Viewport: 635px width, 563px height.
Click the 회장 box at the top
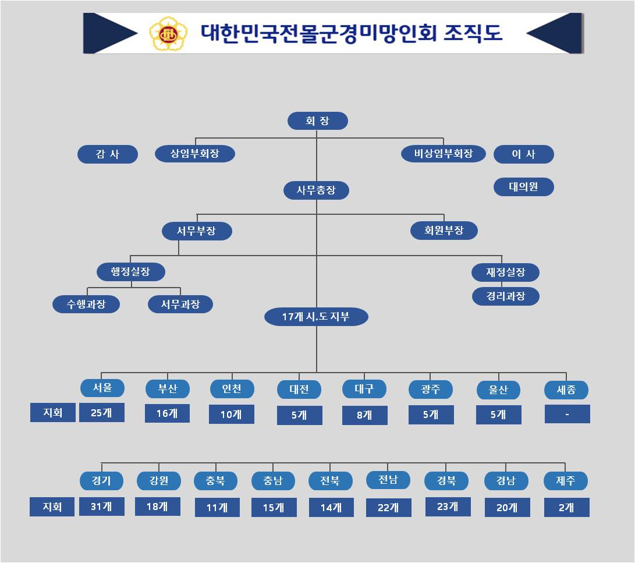click(x=317, y=121)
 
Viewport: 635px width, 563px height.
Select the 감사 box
click(x=108, y=154)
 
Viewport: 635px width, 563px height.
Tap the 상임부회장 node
click(x=195, y=154)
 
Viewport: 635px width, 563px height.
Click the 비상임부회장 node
click(x=443, y=154)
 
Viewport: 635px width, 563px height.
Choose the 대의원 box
click(x=523, y=187)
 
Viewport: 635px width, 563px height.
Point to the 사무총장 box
click(x=316, y=190)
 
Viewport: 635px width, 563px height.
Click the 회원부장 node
click(x=444, y=231)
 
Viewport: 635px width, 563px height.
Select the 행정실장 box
click(x=130, y=272)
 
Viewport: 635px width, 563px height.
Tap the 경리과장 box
click(x=505, y=296)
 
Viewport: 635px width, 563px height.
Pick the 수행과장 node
click(x=86, y=304)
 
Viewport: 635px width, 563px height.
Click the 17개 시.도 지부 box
click(x=316, y=317)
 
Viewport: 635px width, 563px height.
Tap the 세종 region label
click(x=566, y=390)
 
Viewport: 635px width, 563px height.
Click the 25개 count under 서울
click(x=102, y=413)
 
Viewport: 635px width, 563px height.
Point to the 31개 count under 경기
click(x=102, y=507)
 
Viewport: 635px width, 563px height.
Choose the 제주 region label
click(x=566, y=481)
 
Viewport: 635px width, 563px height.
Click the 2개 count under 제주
click(x=566, y=508)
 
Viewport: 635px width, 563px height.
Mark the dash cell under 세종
click(x=567, y=415)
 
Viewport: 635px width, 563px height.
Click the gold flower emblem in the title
click(x=169, y=33)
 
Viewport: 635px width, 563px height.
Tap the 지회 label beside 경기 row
click(x=52, y=507)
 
